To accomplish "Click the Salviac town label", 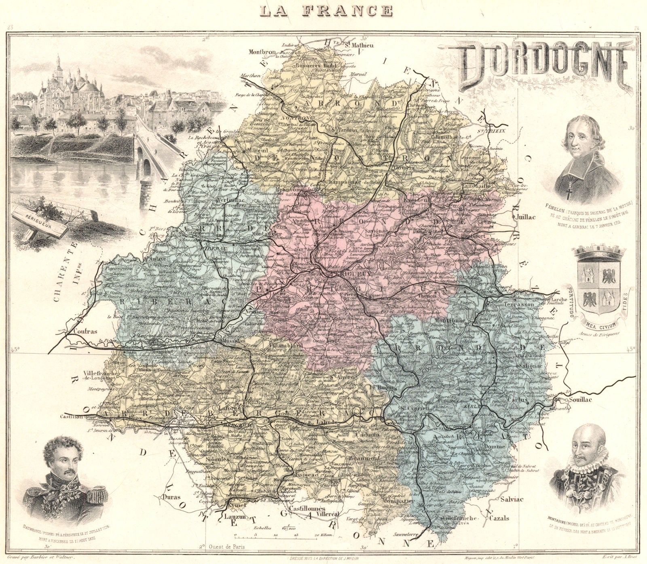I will tap(512, 499).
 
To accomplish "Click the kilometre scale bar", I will tap(281, 537).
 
